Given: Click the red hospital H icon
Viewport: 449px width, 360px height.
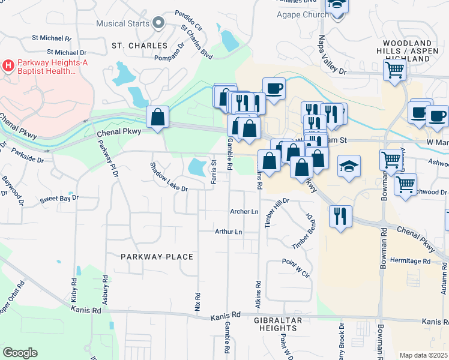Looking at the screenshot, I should click(8, 65).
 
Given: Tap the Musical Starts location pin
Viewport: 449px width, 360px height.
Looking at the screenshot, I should click(158, 24).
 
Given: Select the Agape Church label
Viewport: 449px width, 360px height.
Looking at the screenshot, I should click(303, 14).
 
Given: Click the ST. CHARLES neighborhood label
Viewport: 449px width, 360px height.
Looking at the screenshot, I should click(139, 46).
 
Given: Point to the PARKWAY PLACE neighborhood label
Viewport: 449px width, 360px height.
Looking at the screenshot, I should click(157, 257).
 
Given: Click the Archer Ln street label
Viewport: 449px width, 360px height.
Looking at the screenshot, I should click(244, 212).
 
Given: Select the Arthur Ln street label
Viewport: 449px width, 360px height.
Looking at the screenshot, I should click(229, 232).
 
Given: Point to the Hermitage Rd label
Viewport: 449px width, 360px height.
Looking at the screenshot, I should click(411, 262).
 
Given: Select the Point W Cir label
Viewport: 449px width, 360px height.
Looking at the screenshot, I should click(297, 268).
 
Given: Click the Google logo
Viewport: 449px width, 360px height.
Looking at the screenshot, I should click(20, 353).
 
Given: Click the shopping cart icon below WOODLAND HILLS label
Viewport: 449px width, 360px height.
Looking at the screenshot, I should click(395, 70).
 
